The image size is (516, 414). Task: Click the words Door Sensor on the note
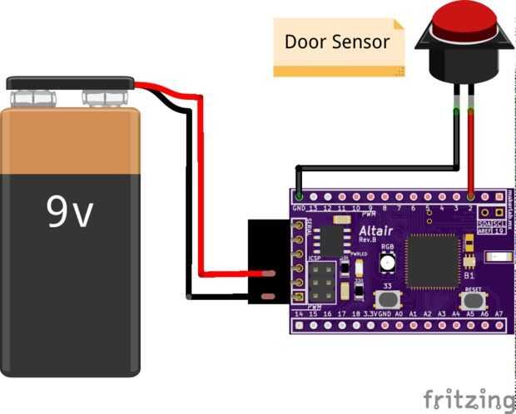pos(337,42)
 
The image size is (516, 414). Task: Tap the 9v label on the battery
pos(70,213)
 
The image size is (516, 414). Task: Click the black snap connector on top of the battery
pos(70,83)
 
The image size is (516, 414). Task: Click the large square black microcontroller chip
pos(432,261)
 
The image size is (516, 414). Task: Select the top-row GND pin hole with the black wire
pos(300,197)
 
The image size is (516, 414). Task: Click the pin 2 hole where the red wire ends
pos(472,197)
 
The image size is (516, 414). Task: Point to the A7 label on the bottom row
pos(498,314)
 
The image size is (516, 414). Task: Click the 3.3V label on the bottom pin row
pos(369,314)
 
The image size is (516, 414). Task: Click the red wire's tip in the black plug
pos(268,274)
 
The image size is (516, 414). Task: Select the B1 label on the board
pos(469,274)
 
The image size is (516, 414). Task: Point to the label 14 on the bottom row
pos(299,314)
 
